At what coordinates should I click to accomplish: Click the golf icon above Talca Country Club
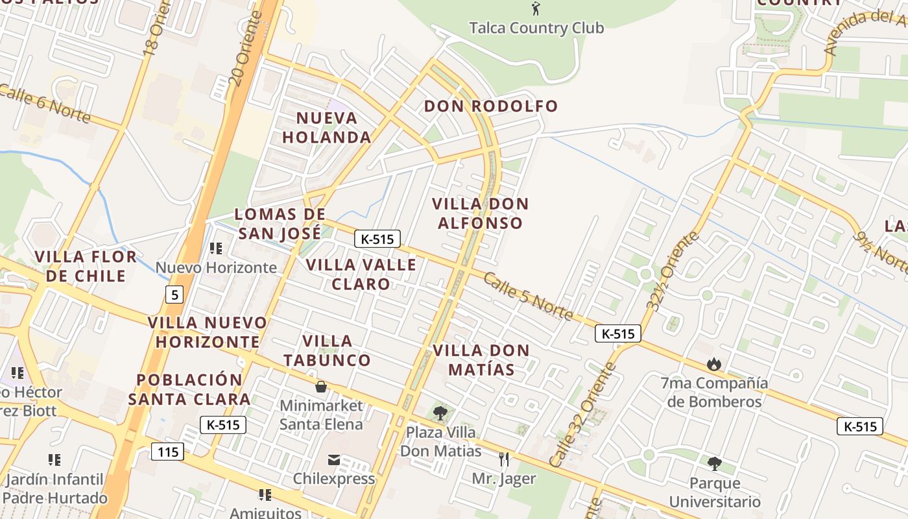click(x=536, y=8)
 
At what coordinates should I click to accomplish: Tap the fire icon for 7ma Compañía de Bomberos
click(x=714, y=364)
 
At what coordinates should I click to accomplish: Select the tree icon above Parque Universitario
click(x=714, y=464)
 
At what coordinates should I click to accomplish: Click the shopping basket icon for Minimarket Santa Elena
click(x=320, y=387)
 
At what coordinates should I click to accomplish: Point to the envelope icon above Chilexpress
click(x=334, y=460)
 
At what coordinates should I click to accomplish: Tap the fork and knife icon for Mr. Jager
click(x=504, y=459)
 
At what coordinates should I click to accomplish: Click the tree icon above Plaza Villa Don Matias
click(x=440, y=413)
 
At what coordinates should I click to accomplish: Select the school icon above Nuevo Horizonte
click(x=216, y=248)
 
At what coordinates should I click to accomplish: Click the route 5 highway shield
click(x=173, y=295)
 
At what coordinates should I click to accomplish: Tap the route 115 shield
click(x=167, y=451)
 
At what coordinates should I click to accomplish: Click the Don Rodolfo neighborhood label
click(x=491, y=106)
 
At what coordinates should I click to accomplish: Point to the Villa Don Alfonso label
click(x=480, y=213)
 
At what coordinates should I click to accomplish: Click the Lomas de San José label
click(x=280, y=224)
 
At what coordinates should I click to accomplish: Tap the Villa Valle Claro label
click(x=361, y=274)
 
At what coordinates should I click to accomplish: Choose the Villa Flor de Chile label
click(x=86, y=266)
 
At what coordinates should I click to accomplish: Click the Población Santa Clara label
click(x=189, y=389)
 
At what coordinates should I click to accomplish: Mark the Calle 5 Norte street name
click(x=529, y=297)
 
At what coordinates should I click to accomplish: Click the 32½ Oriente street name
click(x=673, y=271)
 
